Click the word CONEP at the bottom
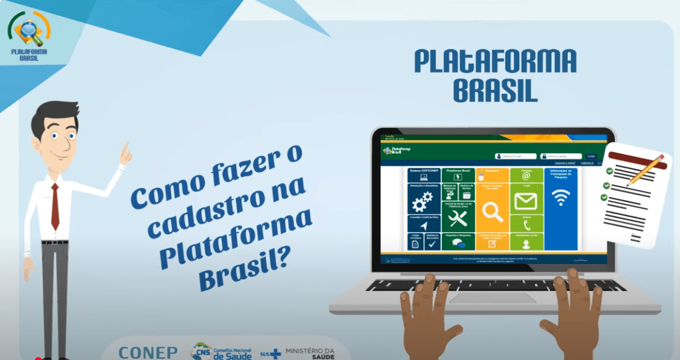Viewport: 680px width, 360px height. tap(148, 352)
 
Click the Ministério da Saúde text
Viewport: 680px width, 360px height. tap(310, 353)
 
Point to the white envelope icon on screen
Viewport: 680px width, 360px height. tap(526, 200)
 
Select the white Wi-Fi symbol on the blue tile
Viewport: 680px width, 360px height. tap(560, 197)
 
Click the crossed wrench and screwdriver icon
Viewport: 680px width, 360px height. tap(457, 216)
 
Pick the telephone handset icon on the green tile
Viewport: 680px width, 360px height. tap(527, 225)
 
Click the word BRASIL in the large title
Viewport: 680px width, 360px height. tap(495, 92)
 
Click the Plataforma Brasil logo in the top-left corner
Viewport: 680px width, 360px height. tap(29, 35)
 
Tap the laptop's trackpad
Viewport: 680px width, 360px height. tap(493, 298)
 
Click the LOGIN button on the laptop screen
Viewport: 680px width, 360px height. tap(591, 156)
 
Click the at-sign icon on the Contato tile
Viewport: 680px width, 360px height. tap(526, 176)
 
